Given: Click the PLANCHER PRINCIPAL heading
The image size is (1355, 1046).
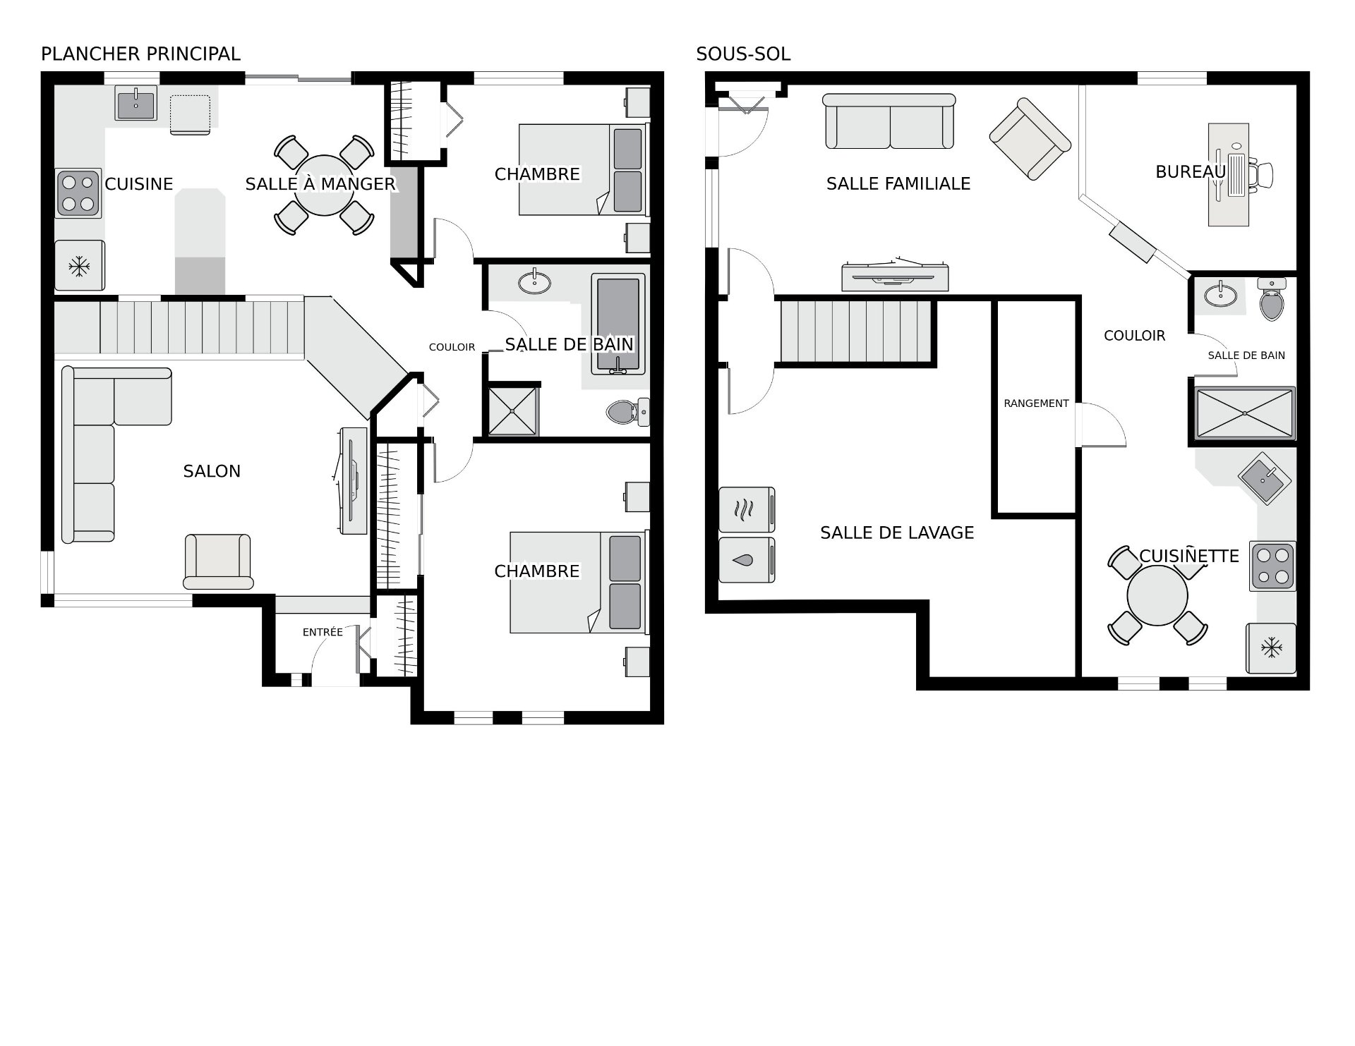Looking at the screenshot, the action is coord(140,54).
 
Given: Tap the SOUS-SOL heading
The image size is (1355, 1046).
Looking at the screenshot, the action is coord(743,54).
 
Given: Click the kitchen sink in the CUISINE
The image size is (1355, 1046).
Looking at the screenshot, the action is coord(136,104).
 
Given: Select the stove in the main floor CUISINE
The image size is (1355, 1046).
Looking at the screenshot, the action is coord(78,193).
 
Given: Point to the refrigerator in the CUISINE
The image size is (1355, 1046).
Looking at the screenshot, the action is coord(80,265).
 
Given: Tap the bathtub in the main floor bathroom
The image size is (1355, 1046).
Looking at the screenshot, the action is coord(618,324).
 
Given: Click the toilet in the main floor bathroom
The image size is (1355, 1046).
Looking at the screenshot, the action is coord(627,411).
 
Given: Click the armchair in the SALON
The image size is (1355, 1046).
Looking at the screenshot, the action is coord(218,561).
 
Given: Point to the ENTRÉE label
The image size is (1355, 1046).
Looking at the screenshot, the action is coord(323,633).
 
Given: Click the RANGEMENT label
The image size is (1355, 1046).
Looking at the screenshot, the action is coord(1036,403).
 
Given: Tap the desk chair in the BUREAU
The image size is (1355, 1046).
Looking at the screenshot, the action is coord(1261,174).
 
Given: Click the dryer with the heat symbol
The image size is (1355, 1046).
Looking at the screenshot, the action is coord(747,509).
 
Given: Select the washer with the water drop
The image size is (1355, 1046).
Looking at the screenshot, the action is coord(747,560).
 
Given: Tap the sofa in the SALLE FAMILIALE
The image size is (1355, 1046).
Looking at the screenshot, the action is coord(890,121).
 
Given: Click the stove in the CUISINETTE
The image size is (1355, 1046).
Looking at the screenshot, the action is coord(1272,566).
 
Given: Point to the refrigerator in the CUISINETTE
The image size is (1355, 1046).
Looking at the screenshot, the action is coord(1271,648).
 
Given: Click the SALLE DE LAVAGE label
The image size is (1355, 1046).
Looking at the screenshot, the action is coord(897,533).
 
